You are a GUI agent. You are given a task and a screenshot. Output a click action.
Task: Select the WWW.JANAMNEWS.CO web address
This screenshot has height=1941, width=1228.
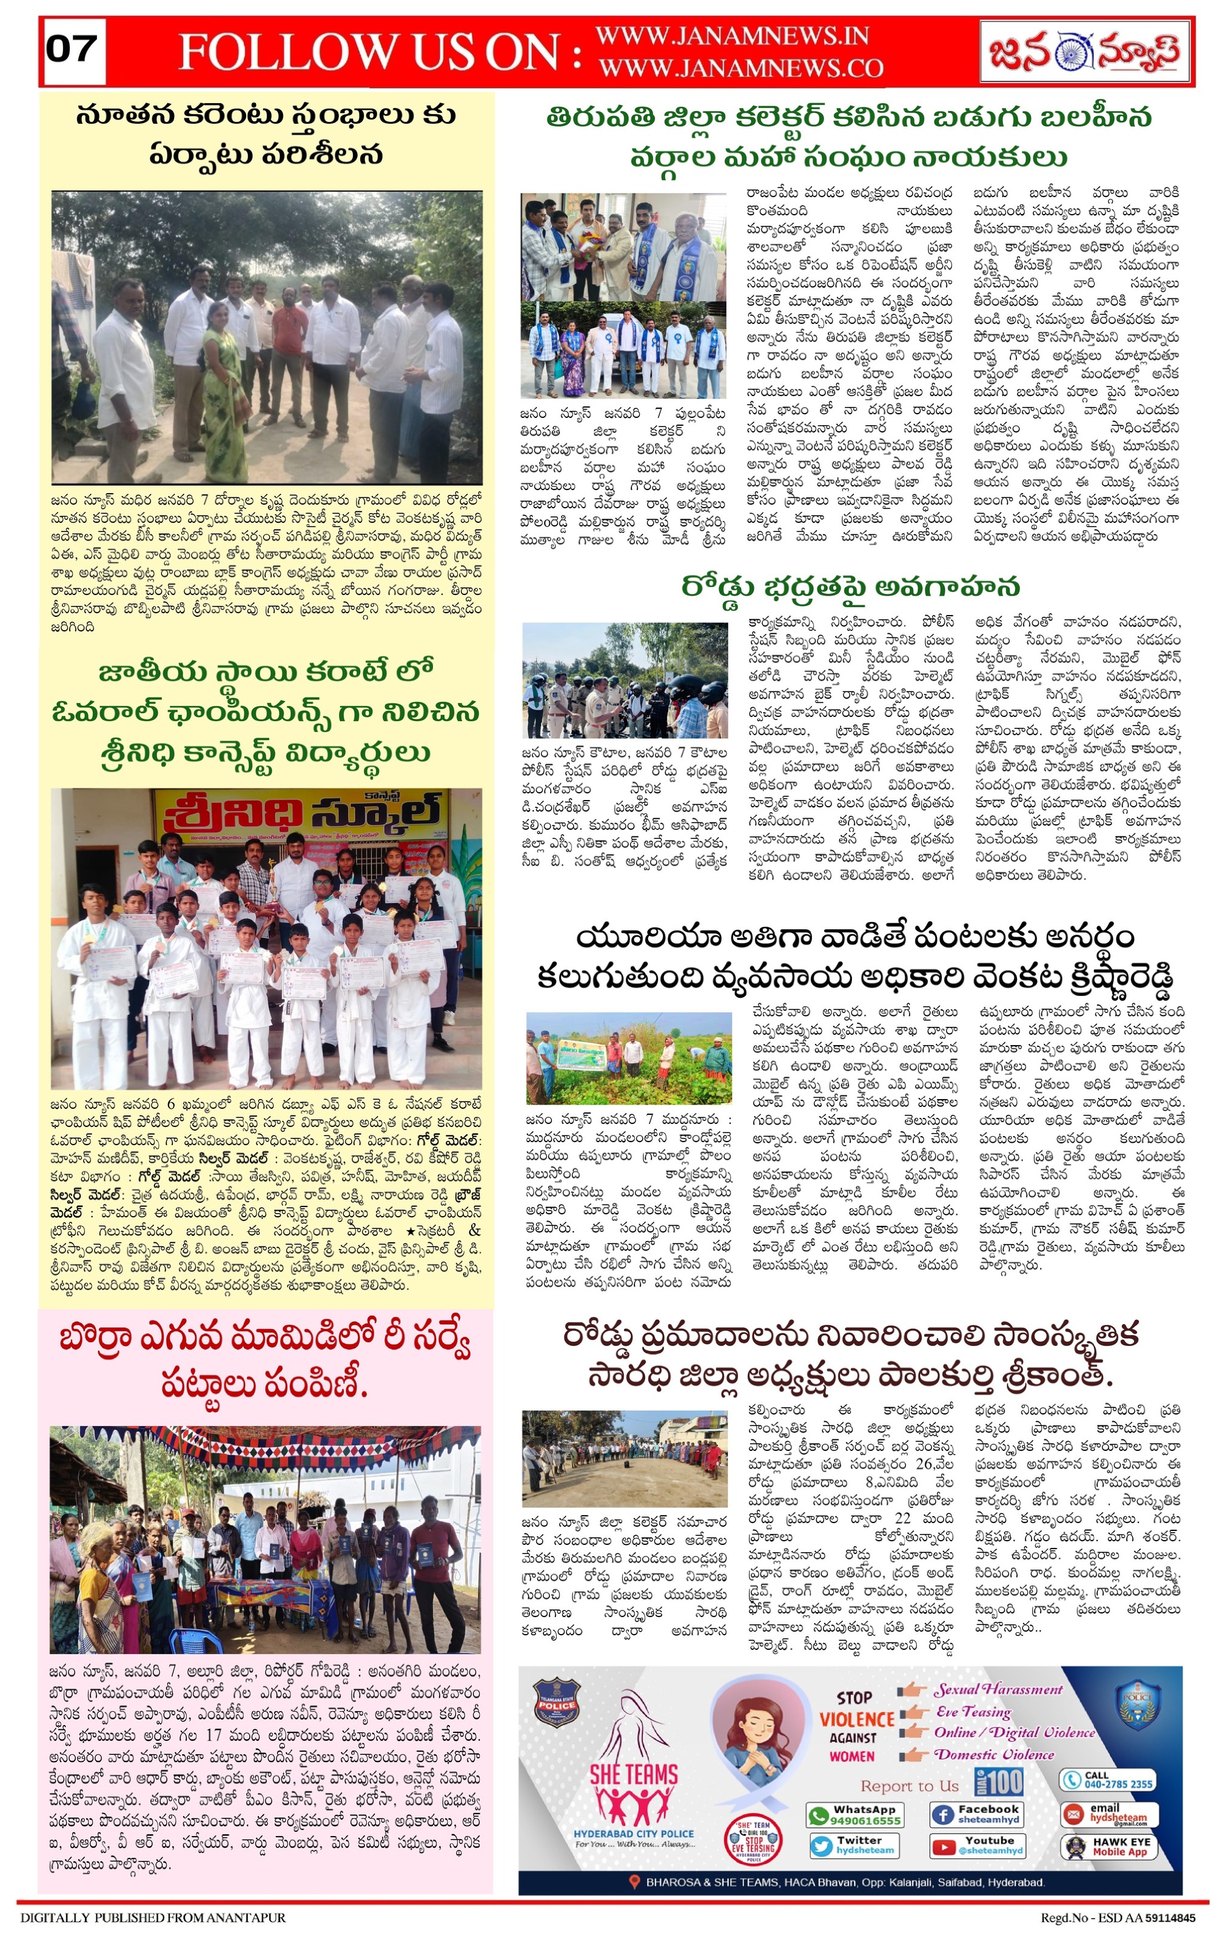coord(740,69)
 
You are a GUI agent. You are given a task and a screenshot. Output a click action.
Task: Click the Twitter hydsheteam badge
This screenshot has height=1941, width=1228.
coord(854,1846)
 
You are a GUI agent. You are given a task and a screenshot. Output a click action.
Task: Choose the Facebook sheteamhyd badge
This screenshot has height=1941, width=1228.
coord(976,1814)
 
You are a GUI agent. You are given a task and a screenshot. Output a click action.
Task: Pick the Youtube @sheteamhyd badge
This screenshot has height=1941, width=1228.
coord(976,1846)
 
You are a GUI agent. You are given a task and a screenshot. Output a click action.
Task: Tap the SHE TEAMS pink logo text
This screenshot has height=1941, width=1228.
coord(633,1774)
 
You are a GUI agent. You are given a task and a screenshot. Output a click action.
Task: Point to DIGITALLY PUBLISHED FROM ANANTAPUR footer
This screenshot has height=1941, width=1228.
coord(153,1917)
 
